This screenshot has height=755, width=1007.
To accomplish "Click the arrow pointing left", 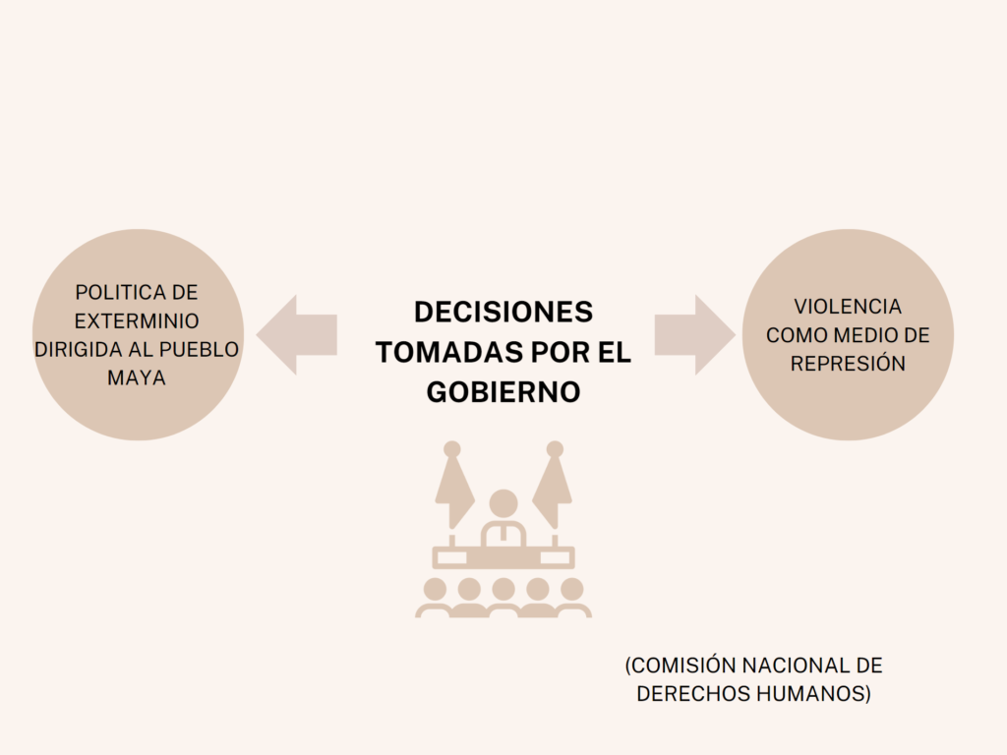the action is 296,334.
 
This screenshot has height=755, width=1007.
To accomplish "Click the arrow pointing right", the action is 695,334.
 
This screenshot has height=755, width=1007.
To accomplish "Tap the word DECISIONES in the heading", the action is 503,312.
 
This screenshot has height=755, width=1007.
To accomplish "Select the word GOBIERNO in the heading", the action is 503,391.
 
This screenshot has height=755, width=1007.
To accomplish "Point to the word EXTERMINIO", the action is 137,321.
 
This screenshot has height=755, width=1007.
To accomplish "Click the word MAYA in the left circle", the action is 137,377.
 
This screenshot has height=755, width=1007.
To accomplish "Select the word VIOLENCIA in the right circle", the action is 848,307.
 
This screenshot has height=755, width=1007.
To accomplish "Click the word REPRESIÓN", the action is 848,364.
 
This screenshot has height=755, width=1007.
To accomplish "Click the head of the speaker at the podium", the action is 503,502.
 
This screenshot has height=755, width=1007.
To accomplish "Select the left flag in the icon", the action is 453,486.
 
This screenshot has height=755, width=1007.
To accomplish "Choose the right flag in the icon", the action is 553,486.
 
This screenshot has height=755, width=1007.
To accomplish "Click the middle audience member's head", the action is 503,589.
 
